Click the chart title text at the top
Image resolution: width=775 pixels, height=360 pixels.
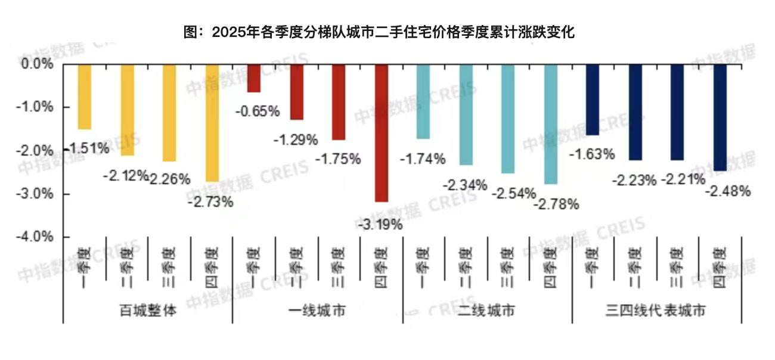[379, 32]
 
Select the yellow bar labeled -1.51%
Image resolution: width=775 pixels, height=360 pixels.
[85, 97]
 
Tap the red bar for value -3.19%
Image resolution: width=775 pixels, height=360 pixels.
[381, 133]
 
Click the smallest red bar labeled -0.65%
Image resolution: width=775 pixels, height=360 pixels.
[254, 78]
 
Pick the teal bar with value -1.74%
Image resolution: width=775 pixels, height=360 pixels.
[423, 101]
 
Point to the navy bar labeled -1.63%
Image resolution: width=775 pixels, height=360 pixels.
[592, 99]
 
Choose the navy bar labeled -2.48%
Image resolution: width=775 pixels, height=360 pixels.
[720, 117]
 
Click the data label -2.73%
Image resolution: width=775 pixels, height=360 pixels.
[210, 202]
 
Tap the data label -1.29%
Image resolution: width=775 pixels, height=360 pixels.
[296, 140]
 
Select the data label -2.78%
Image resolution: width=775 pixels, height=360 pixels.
[556, 204]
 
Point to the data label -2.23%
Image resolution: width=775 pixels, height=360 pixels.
[633, 179]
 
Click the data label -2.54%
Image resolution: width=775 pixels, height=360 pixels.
[513, 194]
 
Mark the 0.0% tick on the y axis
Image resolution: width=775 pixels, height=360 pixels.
[38, 64]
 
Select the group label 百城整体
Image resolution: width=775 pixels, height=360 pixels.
[148, 311]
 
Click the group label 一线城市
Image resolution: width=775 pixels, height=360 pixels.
[317, 311]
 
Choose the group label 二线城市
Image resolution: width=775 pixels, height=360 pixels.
[487, 311]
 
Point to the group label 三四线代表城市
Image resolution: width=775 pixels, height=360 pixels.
[656, 311]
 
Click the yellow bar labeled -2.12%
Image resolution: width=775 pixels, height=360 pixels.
[128, 110]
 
